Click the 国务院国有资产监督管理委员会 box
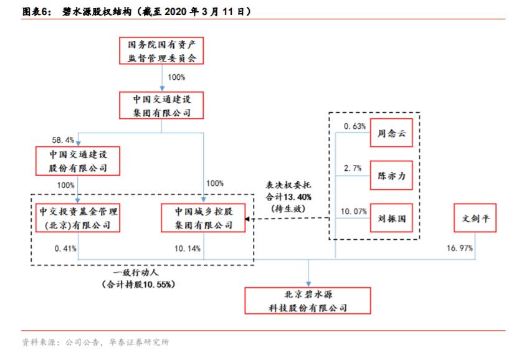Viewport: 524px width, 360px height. tap(161, 51)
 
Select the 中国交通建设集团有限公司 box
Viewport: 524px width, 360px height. tap(161, 105)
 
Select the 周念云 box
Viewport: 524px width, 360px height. tap(391, 132)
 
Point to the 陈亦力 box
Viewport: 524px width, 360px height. tap(391, 176)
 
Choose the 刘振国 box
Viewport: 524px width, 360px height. tap(391, 219)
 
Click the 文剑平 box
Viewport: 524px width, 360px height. tap(475, 219)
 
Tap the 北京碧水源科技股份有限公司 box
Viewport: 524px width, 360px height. tap(307, 300)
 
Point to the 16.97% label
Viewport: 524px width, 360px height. tap(460, 248)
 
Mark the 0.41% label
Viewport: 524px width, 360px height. tap(65, 248)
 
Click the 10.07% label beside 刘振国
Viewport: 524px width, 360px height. tap(353, 211)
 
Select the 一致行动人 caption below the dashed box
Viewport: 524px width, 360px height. tap(138, 273)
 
